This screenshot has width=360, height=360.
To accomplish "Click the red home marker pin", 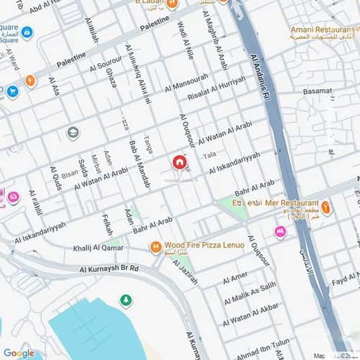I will pos(178,163).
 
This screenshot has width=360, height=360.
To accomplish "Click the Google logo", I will pos(19,353).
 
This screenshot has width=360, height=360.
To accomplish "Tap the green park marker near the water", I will pos(126,299).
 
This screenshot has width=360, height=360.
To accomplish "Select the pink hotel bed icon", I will pos(280,231).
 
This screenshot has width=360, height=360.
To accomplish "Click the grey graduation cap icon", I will pos(73,132).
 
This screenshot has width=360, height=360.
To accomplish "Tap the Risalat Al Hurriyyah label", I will pos(217,87).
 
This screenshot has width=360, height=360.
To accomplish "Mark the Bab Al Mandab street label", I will pos(140,164).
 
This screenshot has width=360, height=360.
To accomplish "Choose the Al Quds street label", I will pos(55,179).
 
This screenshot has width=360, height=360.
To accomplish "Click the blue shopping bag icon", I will pos(12,91).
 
